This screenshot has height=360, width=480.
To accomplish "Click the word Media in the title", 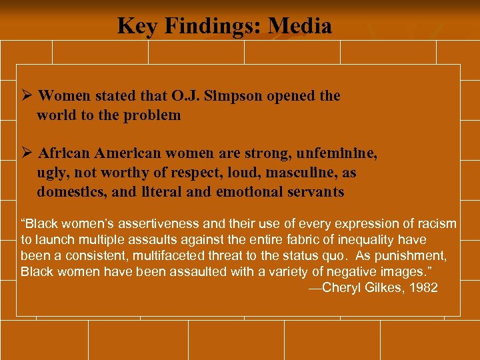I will point(299,26).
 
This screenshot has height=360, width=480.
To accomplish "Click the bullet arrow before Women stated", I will point(27,96).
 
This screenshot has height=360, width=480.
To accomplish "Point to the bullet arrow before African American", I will point(27,153).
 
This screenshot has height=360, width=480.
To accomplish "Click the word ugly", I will point(51,173).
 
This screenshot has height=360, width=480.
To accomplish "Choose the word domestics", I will point(72,192).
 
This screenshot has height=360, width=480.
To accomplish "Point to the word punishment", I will point(414,256).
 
